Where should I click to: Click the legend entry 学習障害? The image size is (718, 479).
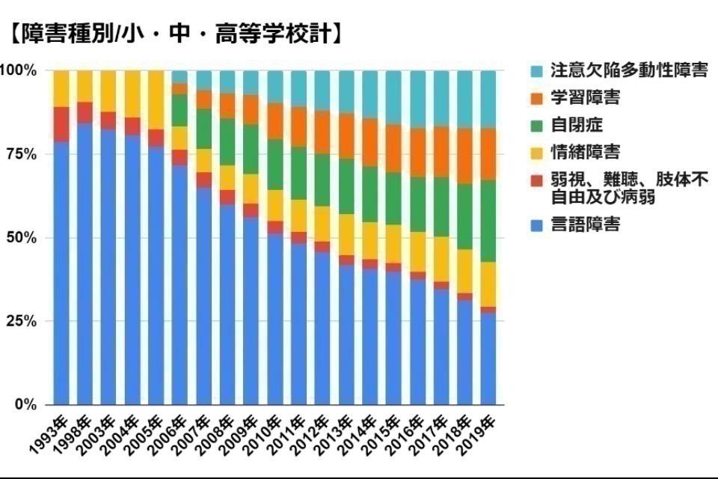(585, 97)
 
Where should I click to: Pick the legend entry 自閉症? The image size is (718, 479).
(576, 124)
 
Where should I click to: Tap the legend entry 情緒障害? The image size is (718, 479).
(585, 152)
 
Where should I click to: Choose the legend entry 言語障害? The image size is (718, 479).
(585, 224)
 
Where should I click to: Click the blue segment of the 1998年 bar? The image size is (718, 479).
(85, 262)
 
